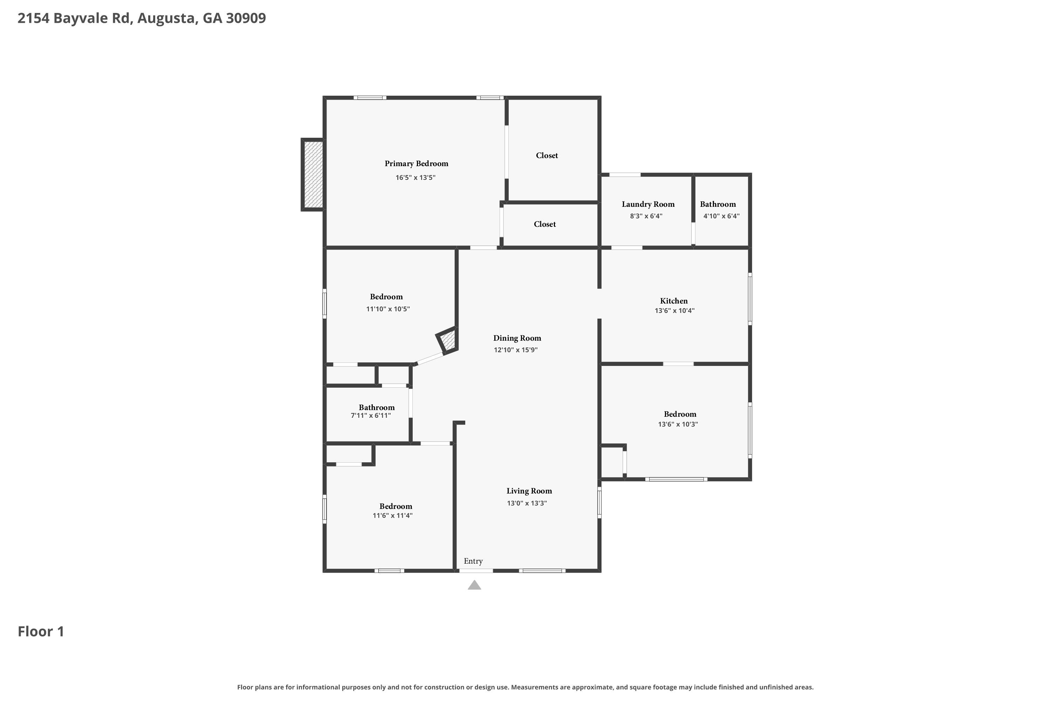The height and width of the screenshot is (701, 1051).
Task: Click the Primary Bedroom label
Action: [x=417, y=164]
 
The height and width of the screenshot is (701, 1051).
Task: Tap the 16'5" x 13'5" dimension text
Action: [x=415, y=177]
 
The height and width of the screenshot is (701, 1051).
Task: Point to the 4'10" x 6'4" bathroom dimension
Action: [x=721, y=216]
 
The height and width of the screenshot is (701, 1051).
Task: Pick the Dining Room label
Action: [x=517, y=339]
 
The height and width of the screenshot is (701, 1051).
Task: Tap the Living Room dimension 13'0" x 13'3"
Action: [x=527, y=503]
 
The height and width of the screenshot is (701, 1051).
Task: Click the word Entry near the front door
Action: [x=473, y=561]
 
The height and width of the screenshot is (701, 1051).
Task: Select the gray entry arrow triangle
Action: [x=475, y=586]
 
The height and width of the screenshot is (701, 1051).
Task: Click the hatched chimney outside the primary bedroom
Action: [x=313, y=174]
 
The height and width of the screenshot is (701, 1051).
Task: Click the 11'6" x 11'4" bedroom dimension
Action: [x=392, y=516]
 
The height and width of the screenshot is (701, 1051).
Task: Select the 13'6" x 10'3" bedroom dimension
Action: [x=678, y=424]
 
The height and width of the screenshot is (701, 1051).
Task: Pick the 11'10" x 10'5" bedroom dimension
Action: [x=388, y=309]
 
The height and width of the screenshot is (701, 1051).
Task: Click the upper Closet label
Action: [x=547, y=156]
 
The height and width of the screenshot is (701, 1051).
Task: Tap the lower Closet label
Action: [x=545, y=224]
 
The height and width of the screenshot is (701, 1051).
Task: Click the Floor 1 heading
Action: [x=41, y=631]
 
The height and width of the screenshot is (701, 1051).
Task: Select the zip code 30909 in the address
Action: [x=246, y=18]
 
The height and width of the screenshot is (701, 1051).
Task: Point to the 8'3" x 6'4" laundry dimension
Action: [x=646, y=216]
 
